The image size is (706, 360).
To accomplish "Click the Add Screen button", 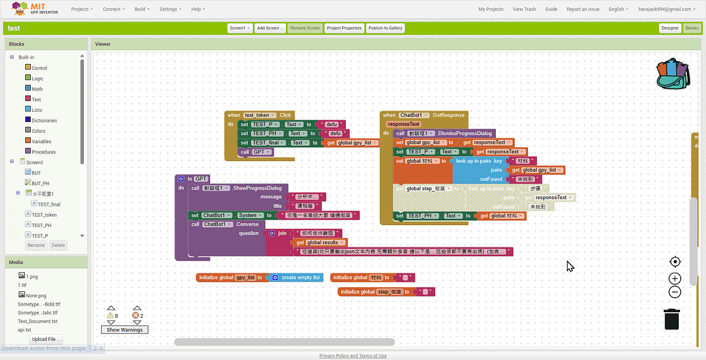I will [270, 28].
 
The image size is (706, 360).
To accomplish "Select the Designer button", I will [670, 28].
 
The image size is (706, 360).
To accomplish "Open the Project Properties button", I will [344, 28].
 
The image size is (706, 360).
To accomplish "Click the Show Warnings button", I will [124, 330].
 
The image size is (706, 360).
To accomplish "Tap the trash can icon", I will [672, 318].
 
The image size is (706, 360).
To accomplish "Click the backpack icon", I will [673, 74].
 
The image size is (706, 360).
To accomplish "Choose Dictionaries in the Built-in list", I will [44, 120].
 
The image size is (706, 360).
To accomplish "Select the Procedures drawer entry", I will [43, 151].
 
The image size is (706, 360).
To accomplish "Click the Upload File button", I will [46, 339].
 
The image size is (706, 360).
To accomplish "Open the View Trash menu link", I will [524, 10].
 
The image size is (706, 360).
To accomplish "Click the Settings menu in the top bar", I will [169, 10].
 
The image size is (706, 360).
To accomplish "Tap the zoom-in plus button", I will [675, 278].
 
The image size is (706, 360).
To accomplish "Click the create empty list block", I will [298, 277].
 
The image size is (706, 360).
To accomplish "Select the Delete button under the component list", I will [58, 245].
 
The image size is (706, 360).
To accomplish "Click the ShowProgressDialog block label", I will [259, 187].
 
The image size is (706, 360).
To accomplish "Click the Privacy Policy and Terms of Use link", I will [353, 356].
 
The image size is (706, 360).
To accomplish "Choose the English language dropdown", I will [619, 10].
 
